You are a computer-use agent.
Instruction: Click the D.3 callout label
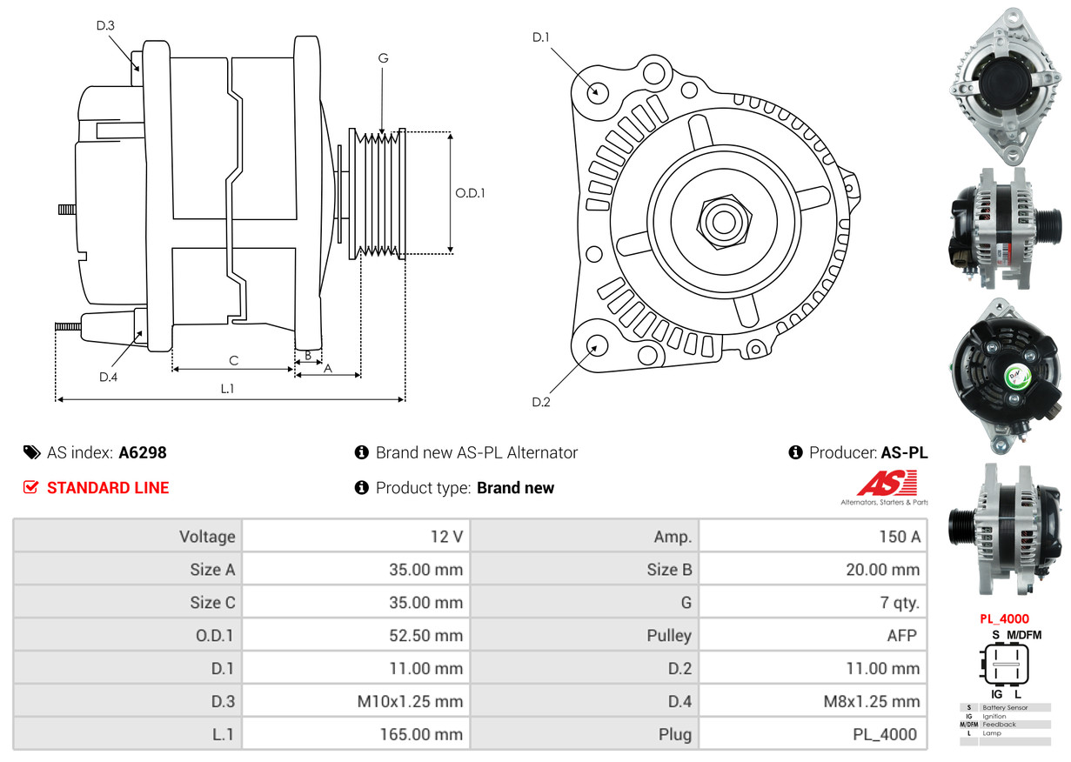pyautogui.click(x=105, y=26)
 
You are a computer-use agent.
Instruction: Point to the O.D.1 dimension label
pyautogui.click(x=470, y=193)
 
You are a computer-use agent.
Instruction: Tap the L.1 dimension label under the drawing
pyautogui.click(x=227, y=389)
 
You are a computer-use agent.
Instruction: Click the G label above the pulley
pyautogui.click(x=383, y=58)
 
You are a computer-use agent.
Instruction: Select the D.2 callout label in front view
pyautogui.click(x=541, y=402)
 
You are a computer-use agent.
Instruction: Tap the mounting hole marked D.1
pyautogui.click(x=597, y=90)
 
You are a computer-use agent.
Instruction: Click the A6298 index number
pyautogui.click(x=143, y=452)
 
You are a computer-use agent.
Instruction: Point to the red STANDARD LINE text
pyautogui.click(x=108, y=488)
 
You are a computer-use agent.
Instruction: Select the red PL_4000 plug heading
pyautogui.click(x=1005, y=619)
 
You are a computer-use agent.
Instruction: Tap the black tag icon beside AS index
pyautogui.click(x=31, y=452)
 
